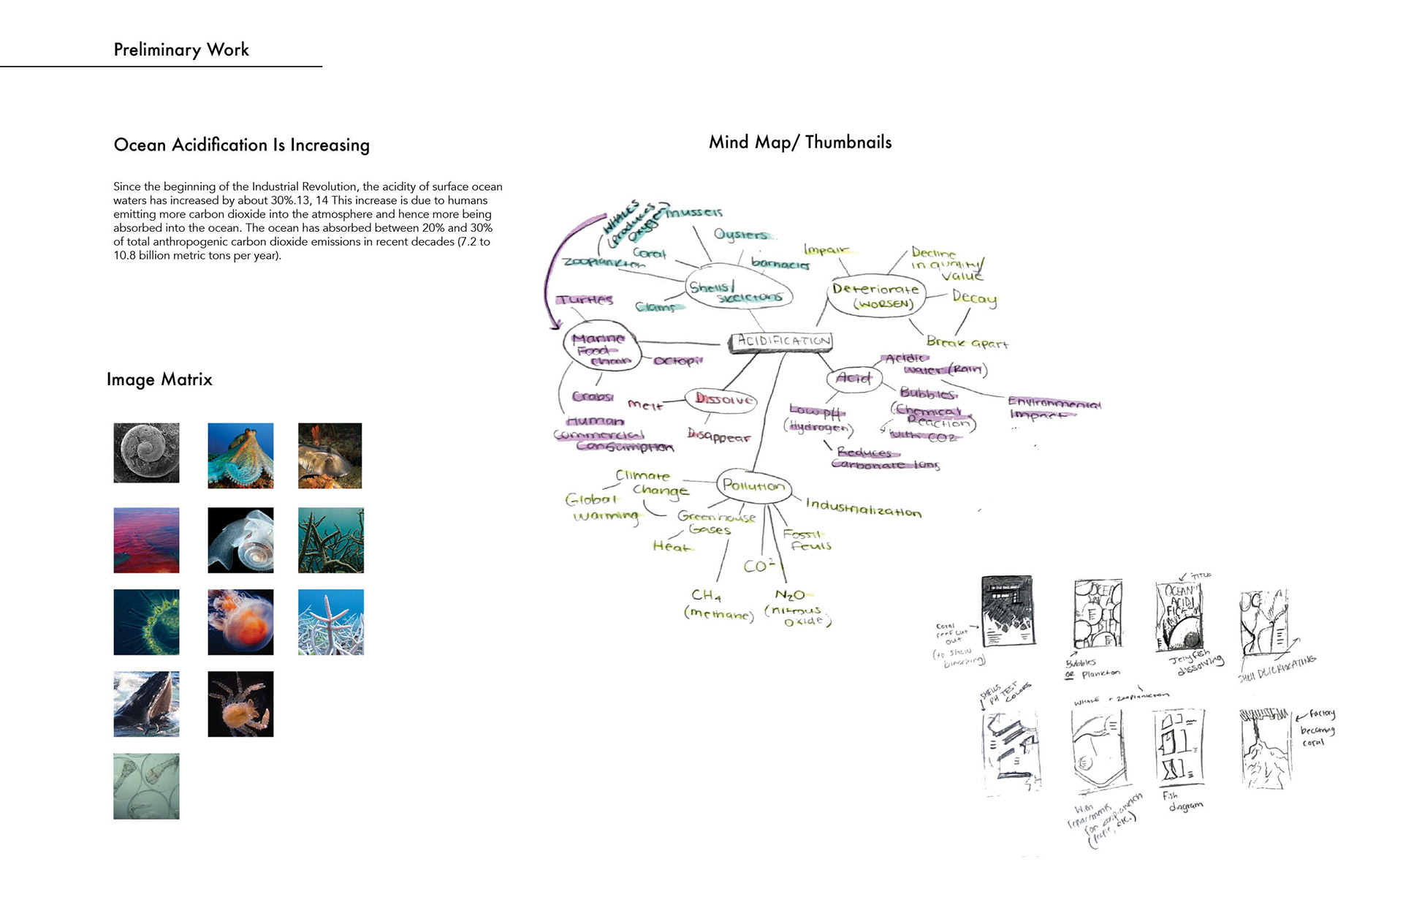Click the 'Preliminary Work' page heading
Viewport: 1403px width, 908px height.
181,50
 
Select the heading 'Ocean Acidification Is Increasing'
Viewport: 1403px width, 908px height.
242,145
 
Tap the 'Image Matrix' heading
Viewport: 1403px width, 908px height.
159,379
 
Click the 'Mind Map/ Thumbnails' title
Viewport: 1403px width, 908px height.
800,143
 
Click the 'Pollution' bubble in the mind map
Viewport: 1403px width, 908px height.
753,485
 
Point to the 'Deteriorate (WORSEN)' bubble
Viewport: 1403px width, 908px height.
876,295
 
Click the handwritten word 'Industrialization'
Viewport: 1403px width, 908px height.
863,508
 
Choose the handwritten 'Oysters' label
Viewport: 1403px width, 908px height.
741,234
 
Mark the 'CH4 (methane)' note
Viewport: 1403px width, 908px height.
717,605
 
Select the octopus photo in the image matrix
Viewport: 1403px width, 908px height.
240,455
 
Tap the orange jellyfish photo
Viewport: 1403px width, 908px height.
240,622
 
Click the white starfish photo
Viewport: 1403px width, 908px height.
331,622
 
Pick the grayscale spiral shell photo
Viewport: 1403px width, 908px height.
146,453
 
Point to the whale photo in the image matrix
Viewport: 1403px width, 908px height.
146,704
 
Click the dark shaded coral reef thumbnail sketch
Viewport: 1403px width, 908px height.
1008,610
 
